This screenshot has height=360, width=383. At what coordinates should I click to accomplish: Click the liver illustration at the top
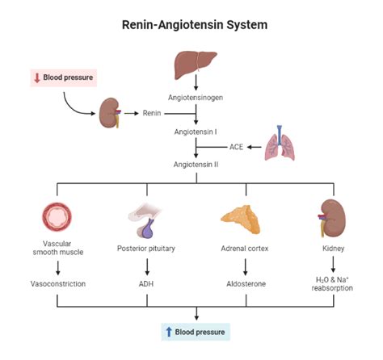pyautogui.click(x=195, y=63)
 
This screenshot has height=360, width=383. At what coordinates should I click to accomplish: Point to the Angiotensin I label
pyautogui.click(x=195, y=131)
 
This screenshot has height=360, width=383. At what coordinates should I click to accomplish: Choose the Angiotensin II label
pyautogui.click(x=195, y=165)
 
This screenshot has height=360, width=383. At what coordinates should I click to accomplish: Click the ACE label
pyautogui.click(x=237, y=147)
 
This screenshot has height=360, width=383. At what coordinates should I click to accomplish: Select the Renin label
pyautogui.click(x=152, y=112)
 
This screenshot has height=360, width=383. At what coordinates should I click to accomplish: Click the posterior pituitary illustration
pyautogui.click(x=147, y=219)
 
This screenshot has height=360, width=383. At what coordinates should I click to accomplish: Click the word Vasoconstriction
pyautogui.click(x=57, y=284)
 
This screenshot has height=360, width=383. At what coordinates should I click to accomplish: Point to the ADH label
pyautogui.click(x=147, y=284)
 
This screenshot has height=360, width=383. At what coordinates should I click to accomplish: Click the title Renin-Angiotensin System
pyautogui.click(x=195, y=25)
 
